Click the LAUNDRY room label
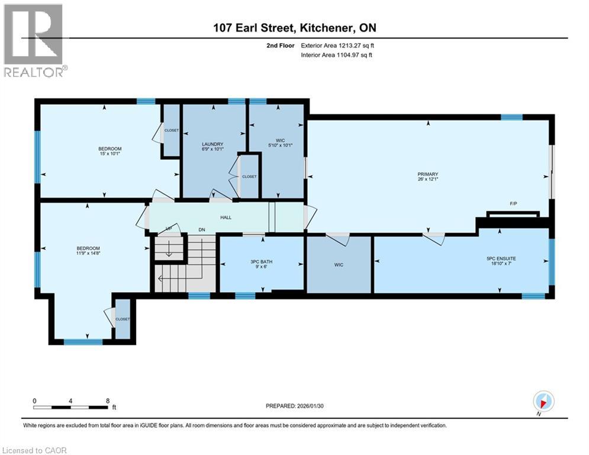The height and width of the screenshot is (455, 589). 212,144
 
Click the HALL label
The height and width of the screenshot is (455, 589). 226,217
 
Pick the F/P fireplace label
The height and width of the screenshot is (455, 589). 513,204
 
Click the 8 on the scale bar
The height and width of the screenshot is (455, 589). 107,400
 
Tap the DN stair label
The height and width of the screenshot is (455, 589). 201,229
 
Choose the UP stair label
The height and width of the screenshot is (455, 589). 168,228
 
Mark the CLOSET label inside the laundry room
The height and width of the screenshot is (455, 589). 249,177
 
